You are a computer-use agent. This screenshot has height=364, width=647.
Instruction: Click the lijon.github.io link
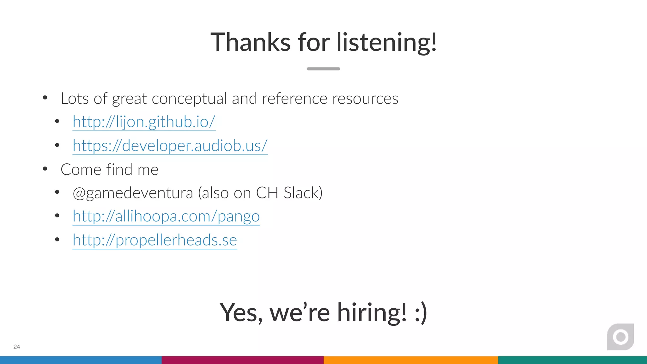[x=144, y=122]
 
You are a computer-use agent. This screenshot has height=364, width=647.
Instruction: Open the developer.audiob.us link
[x=170, y=146]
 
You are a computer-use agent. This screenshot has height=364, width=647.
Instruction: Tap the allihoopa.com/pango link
[x=166, y=216]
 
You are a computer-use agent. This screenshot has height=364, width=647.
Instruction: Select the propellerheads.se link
[x=155, y=240]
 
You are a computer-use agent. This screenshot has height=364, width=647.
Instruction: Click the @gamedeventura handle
[x=133, y=193]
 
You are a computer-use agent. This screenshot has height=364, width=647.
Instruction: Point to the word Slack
[x=303, y=193]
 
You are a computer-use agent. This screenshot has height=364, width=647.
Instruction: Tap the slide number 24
[x=17, y=347]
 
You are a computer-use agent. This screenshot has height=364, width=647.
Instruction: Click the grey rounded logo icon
[x=620, y=337]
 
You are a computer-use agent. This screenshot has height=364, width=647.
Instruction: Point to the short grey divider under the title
[x=323, y=69]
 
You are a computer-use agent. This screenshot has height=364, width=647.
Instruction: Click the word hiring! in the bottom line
[x=372, y=312]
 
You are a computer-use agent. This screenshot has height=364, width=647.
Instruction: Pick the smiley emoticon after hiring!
[x=421, y=312]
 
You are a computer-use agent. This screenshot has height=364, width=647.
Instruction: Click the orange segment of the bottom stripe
[x=411, y=360]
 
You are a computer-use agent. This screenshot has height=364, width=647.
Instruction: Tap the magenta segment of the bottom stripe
[x=243, y=360]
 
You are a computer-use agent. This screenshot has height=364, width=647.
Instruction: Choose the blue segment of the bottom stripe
[x=81, y=360]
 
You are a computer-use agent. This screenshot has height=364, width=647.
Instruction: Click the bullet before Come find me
[x=45, y=169]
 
